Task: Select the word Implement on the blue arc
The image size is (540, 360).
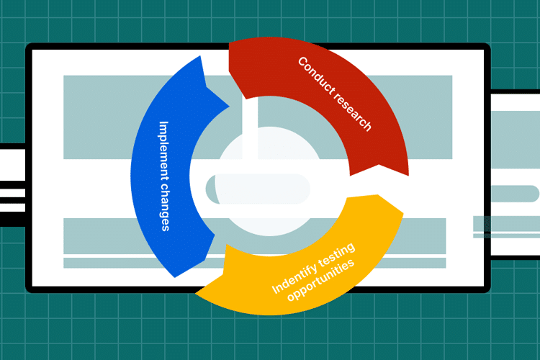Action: pos(164,150)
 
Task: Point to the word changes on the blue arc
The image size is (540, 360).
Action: pos(166,207)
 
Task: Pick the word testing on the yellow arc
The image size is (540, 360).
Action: pos(336,254)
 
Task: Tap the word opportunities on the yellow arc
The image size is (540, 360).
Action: pos(320,280)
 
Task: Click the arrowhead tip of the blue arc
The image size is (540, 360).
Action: pos(229,107)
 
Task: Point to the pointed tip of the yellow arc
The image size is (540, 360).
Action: pos(403,213)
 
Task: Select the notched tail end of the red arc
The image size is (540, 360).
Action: pos(379,168)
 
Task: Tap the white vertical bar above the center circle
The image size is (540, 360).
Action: pos(250,128)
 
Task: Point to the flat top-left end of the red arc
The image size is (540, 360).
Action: pos(229,57)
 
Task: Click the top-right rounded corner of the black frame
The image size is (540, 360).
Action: pos(486,48)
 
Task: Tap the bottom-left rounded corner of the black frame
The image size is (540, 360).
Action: pos(30,289)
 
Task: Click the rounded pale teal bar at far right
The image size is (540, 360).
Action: pos(515,194)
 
